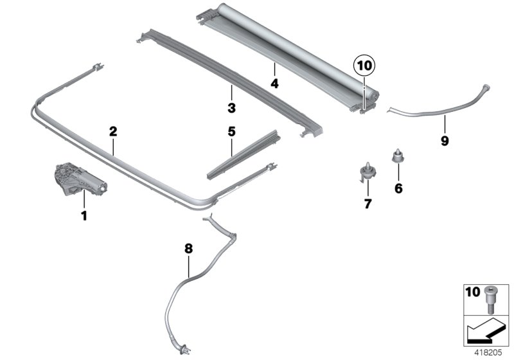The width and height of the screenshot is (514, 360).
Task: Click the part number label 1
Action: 83,215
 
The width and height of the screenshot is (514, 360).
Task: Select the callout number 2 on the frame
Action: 113,132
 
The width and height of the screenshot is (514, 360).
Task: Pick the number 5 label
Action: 231,132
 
